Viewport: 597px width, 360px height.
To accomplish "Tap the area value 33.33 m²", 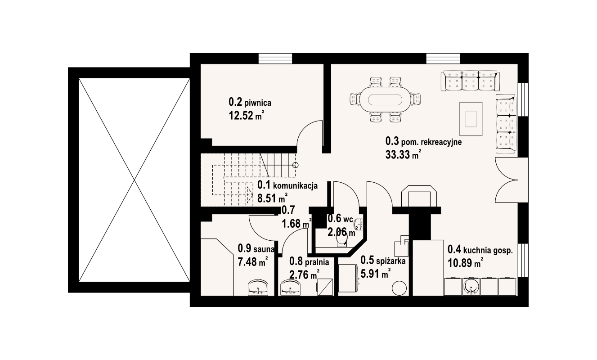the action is (403, 154).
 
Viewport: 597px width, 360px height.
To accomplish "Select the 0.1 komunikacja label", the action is (287, 185).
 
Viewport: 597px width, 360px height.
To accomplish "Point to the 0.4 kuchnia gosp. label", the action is (480, 250).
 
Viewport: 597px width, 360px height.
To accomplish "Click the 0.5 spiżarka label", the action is (383, 260).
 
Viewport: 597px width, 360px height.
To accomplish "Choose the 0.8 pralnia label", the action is (309, 261).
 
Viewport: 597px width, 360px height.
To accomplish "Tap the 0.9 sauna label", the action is (256, 248).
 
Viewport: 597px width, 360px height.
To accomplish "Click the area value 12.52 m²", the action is (247, 116).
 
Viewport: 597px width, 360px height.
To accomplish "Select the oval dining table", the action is (385, 100).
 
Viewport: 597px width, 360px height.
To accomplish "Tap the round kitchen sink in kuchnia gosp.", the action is (471, 287).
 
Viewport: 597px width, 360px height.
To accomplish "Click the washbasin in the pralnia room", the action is (290, 288).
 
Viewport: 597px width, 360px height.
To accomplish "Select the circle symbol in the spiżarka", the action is (399, 288).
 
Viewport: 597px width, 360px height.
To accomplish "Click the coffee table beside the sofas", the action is (471, 119).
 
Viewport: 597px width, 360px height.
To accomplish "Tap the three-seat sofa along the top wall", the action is (470, 81).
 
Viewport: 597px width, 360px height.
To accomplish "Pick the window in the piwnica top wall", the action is (275, 58).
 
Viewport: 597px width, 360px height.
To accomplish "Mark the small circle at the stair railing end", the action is (295, 165).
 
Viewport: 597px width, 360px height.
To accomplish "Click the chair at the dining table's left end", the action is (355, 99).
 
